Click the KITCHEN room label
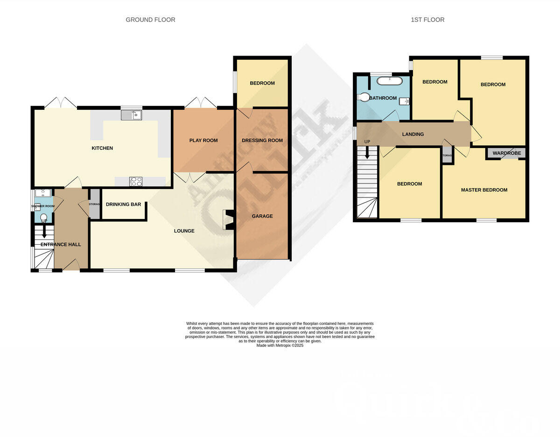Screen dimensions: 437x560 coord(102,148)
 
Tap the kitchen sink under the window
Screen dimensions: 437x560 coord(131,115)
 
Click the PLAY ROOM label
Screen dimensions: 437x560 coord(203,141)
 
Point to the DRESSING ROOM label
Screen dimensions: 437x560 coord(262,141)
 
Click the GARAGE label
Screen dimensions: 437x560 coord(262,216)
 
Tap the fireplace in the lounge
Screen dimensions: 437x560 coord(229,220)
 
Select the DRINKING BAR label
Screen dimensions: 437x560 coord(124,204)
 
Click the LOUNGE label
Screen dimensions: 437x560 coord(184,231)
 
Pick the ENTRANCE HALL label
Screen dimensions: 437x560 coord(61,245)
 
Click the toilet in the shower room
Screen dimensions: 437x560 coord(44,218)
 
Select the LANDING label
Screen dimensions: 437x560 coord(413,134)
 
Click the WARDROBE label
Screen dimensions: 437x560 coord(507,153)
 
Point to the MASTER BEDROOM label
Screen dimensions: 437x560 coord(484,190)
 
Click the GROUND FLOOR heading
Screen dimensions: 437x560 coord(150,20)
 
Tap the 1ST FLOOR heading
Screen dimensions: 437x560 coord(427,20)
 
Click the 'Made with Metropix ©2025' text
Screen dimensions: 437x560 coord(280,345)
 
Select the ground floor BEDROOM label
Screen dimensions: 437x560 coord(262,84)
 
